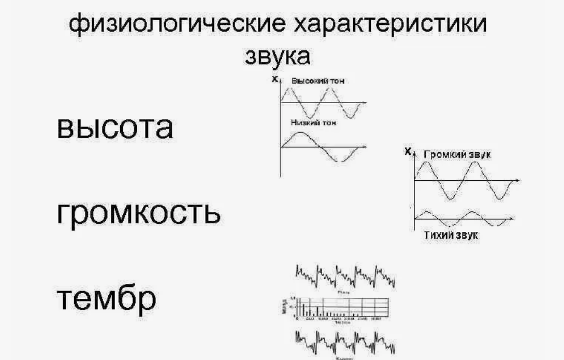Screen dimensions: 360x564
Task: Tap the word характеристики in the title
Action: [x=392, y=24]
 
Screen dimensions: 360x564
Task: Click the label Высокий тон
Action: [x=317, y=81]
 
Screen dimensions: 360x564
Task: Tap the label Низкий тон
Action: [x=314, y=123]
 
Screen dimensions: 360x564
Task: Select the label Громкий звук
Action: [x=457, y=154]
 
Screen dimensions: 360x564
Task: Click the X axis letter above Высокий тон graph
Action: [x=274, y=80]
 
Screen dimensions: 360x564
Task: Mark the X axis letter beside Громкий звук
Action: [x=408, y=152]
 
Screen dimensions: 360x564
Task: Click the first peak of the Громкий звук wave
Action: [x=425, y=162]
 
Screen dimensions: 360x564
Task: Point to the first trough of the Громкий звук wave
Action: [x=449, y=198]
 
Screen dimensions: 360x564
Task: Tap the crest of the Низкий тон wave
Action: [x=301, y=134]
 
